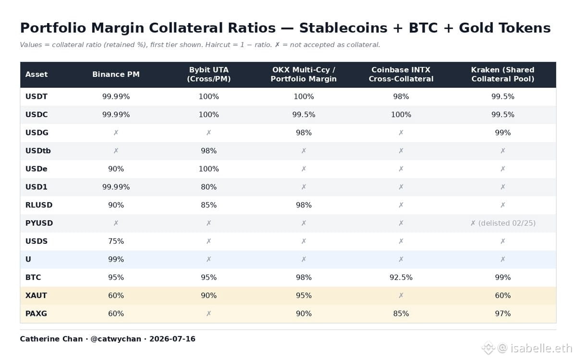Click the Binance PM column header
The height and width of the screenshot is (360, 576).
[x=116, y=74]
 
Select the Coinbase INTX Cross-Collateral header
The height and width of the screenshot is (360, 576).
[x=401, y=74]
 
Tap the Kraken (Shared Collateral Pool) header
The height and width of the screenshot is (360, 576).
[x=502, y=74]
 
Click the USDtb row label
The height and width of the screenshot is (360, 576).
[x=38, y=151]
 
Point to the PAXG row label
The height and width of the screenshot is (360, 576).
[x=36, y=314]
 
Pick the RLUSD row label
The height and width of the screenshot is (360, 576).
[x=38, y=205]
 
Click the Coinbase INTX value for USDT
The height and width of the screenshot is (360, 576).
[x=401, y=96]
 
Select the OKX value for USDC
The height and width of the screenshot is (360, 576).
[x=304, y=115]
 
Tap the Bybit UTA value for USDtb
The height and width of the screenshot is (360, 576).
[x=208, y=151]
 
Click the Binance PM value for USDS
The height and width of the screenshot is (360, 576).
[x=116, y=241]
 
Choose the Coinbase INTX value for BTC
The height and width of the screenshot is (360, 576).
[x=401, y=277]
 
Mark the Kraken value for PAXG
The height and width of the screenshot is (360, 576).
[x=502, y=314]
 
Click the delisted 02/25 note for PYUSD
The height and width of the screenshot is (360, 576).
[x=506, y=223]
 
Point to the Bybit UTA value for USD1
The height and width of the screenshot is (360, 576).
[x=208, y=187]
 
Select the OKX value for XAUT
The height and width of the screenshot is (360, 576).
[x=304, y=295]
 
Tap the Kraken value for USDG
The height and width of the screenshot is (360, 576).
[x=502, y=132]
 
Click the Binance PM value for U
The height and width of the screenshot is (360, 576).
[x=116, y=259]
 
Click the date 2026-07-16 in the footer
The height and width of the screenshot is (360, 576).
[x=172, y=339]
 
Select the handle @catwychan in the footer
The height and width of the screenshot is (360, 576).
[x=116, y=339]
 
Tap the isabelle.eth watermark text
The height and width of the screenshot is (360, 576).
[x=541, y=348]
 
